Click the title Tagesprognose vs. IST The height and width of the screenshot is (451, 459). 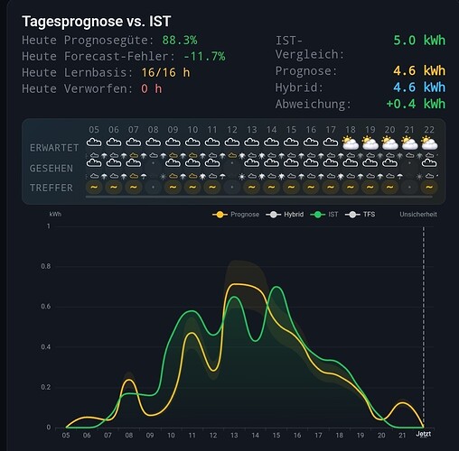click(x=97, y=22)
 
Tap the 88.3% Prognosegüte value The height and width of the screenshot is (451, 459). click(x=180, y=40)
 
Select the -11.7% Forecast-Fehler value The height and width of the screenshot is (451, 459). click(x=204, y=56)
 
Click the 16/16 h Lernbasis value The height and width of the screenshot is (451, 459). click(x=165, y=72)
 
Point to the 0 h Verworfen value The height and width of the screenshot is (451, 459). click(x=152, y=88)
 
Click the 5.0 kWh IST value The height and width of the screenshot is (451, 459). click(x=419, y=41)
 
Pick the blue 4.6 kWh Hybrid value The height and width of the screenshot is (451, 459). click(x=419, y=87)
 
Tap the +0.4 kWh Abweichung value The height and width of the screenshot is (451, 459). click(x=416, y=104)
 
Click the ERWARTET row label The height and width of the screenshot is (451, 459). click(x=54, y=148)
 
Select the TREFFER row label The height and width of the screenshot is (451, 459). click(x=52, y=188)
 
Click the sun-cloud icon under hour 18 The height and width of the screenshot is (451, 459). click(x=351, y=143)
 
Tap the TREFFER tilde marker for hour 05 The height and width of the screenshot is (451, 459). click(x=94, y=187)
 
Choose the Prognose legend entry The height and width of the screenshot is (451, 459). click(x=236, y=215)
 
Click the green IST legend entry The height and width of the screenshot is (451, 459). click(x=324, y=215)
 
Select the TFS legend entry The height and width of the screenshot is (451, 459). click(x=361, y=215)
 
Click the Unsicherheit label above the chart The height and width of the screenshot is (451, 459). click(x=418, y=215)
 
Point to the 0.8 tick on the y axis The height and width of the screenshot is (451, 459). click(x=46, y=266)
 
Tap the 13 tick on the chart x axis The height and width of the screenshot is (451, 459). click(x=234, y=435)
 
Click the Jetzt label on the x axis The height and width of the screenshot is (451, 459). click(x=424, y=434)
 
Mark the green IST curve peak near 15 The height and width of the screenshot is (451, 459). click(x=276, y=287)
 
